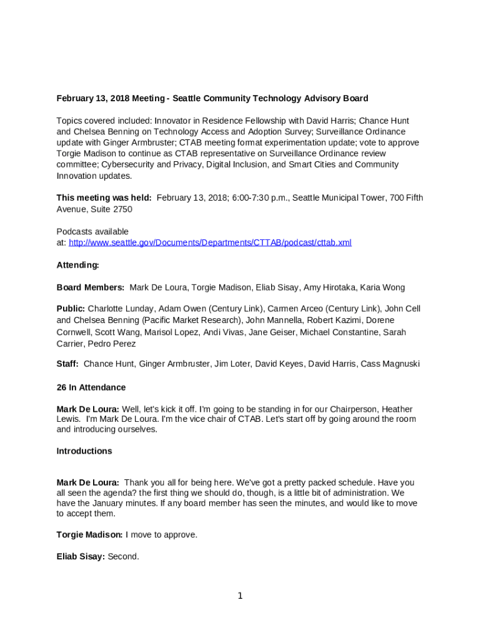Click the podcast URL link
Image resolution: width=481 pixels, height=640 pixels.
pos(210,242)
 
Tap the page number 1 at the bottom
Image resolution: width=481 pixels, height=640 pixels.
pos(240,596)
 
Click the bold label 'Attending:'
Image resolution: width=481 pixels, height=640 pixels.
pos(78,265)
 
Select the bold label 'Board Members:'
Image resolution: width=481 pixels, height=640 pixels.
pos(91,287)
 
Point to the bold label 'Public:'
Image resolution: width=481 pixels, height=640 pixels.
pos(71,309)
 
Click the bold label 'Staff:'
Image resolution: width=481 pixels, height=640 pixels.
pos(67,364)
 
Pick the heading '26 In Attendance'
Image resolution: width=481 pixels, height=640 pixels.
pos(91,387)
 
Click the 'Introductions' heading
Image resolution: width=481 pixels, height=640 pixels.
pos(84,451)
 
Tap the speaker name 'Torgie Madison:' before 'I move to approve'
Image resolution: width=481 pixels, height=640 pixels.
pos(90,535)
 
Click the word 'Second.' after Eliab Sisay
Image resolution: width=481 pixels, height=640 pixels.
pos(124,556)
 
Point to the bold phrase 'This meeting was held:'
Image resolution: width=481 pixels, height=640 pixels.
pos(104,198)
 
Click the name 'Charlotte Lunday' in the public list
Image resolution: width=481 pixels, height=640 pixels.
pos(120,309)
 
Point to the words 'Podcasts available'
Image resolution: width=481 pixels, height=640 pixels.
pos(92,232)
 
